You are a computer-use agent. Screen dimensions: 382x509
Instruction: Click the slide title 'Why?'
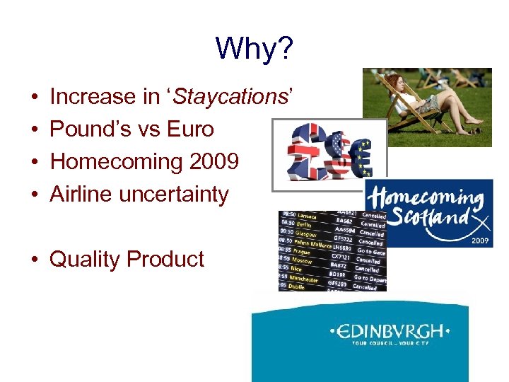[254, 48]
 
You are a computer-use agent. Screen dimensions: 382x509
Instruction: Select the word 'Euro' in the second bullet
[190, 129]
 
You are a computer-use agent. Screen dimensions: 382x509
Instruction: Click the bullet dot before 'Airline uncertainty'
[34, 195]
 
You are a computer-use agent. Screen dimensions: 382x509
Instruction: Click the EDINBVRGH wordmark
[390, 330]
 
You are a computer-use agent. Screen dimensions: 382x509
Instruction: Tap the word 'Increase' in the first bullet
[95, 96]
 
